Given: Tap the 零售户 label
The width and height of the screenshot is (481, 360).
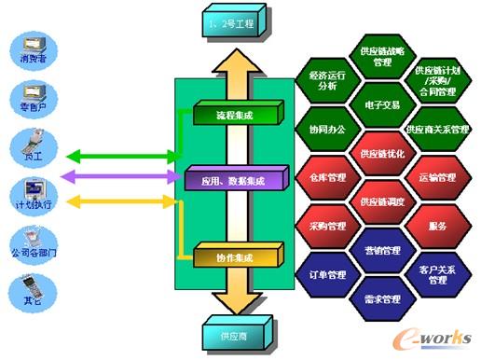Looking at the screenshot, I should click(x=30, y=108).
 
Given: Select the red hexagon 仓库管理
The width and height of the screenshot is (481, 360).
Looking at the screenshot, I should click(x=327, y=176).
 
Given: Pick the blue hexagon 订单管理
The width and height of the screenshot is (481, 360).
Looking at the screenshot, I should click(x=327, y=274).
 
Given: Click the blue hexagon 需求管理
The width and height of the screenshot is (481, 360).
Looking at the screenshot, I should click(x=380, y=299).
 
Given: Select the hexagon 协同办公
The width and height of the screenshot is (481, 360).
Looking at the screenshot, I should click(x=327, y=129).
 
